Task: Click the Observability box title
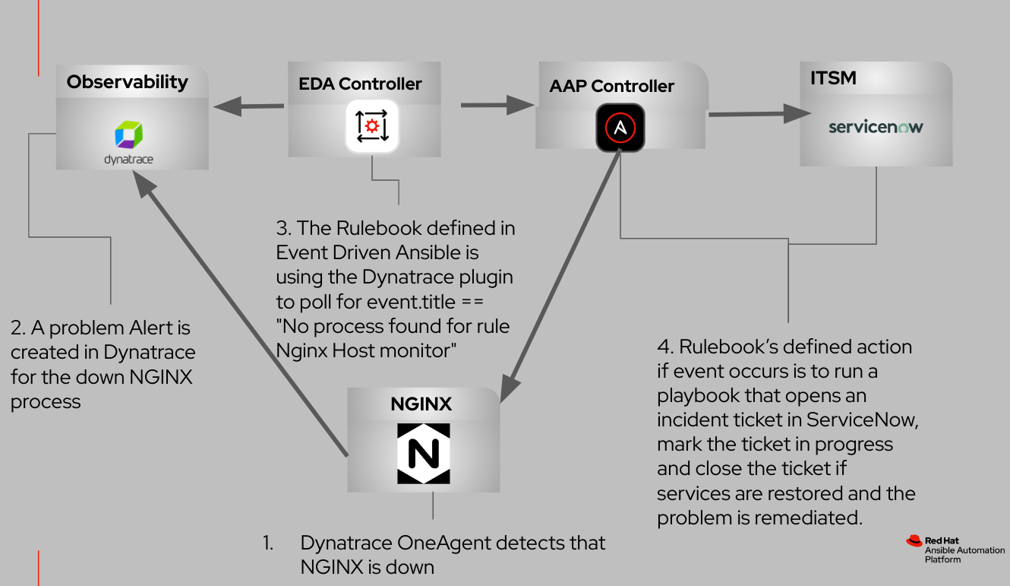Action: (x=127, y=83)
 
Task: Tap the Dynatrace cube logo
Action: (x=129, y=135)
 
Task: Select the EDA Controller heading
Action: (x=360, y=84)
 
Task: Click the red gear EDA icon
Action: (x=372, y=126)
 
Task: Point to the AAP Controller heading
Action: (x=611, y=86)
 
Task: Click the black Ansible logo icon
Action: (x=620, y=128)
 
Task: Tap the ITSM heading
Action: (x=833, y=78)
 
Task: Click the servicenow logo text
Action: (x=876, y=127)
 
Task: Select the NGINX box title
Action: (x=421, y=404)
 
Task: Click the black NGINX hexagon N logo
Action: (x=424, y=454)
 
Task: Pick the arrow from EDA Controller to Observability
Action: (x=248, y=106)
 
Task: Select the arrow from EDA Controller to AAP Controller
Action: (x=498, y=105)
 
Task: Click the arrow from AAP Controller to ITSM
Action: (x=759, y=114)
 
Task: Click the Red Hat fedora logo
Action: (x=914, y=540)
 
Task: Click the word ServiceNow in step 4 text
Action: (x=862, y=420)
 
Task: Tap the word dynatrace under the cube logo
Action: (x=128, y=160)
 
